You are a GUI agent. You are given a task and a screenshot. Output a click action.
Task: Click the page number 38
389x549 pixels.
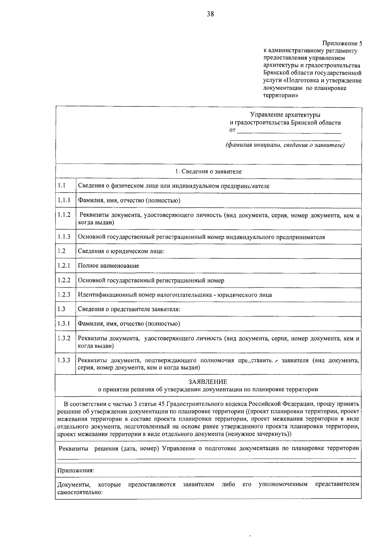pyautogui.click(x=210, y=14)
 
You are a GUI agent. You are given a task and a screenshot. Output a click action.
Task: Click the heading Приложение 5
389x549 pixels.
pyautogui.click(x=342, y=43)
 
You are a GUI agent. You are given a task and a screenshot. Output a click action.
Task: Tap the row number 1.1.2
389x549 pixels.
pyautogui.click(x=64, y=215)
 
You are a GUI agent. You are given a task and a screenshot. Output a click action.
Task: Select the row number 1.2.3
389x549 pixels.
pyautogui.click(x=64, y=295)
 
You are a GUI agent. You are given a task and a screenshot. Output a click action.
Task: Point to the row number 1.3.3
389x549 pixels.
pyautogui.click(x=64, y=360)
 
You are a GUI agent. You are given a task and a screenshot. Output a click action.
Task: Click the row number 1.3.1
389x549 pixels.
pyautogui.click(x=64, y=323)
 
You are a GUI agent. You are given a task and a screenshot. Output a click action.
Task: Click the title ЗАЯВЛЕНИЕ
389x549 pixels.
pyautogui.click(x=208, y=382)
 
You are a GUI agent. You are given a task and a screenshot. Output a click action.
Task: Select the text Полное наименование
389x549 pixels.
pyautogui.click(x=108, y=266)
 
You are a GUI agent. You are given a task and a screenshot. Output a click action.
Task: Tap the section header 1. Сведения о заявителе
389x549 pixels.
pyautogui.click(x=208, y=171)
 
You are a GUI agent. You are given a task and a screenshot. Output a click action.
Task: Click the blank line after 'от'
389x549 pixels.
pyautogui.click(x=289, y=131)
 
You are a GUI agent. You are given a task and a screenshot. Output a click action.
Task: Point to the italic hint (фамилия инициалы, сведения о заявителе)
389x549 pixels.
pyautogui.click(x=285, y=145)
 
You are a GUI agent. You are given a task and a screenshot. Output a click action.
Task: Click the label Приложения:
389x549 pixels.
pyautogui.click(x=76, y=470)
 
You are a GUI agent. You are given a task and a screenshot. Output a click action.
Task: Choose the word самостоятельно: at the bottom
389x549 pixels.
pyautogui.click(x=80, y=492)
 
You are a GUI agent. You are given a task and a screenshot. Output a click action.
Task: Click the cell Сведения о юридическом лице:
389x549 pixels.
pyautogui.click(x=121, y=251)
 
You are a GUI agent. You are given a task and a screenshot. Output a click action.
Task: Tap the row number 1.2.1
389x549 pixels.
pyautogui.click(x=64, y=265)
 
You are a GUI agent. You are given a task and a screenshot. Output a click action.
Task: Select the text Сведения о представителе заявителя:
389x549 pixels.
pyautogui.click(x=129, y=309)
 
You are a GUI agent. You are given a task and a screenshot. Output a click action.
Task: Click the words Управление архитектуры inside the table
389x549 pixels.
pyautogui.click(x=285, y=115)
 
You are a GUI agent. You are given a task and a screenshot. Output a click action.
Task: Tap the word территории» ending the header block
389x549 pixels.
pyautogui.click(x=280, y=96)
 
